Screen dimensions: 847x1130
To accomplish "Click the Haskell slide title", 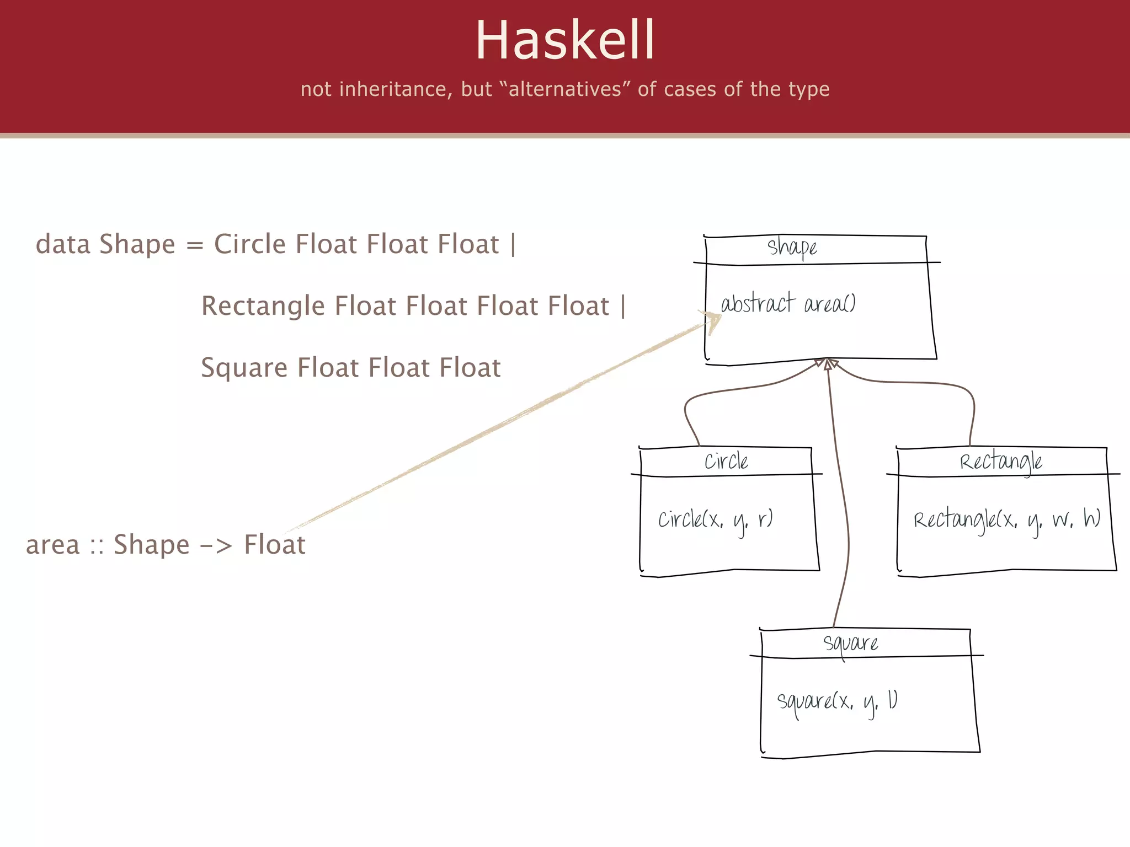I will tap(565, 40).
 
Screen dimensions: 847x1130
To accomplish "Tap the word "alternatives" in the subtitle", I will tap(564, 89).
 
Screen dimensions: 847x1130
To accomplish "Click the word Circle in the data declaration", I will tap(250, 244).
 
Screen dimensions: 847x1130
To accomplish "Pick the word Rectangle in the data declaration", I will tap(263, 306).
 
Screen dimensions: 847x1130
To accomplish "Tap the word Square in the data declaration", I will tap(243, 368).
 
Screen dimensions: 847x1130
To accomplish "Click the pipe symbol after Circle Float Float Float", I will tap(513, 244).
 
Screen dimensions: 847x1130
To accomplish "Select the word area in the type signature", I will tap(53, 545).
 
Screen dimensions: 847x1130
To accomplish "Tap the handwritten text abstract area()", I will tap(788, 304).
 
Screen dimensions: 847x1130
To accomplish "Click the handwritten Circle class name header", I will tap(726, 462).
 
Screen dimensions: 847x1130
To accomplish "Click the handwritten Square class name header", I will tap(850, 644).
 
